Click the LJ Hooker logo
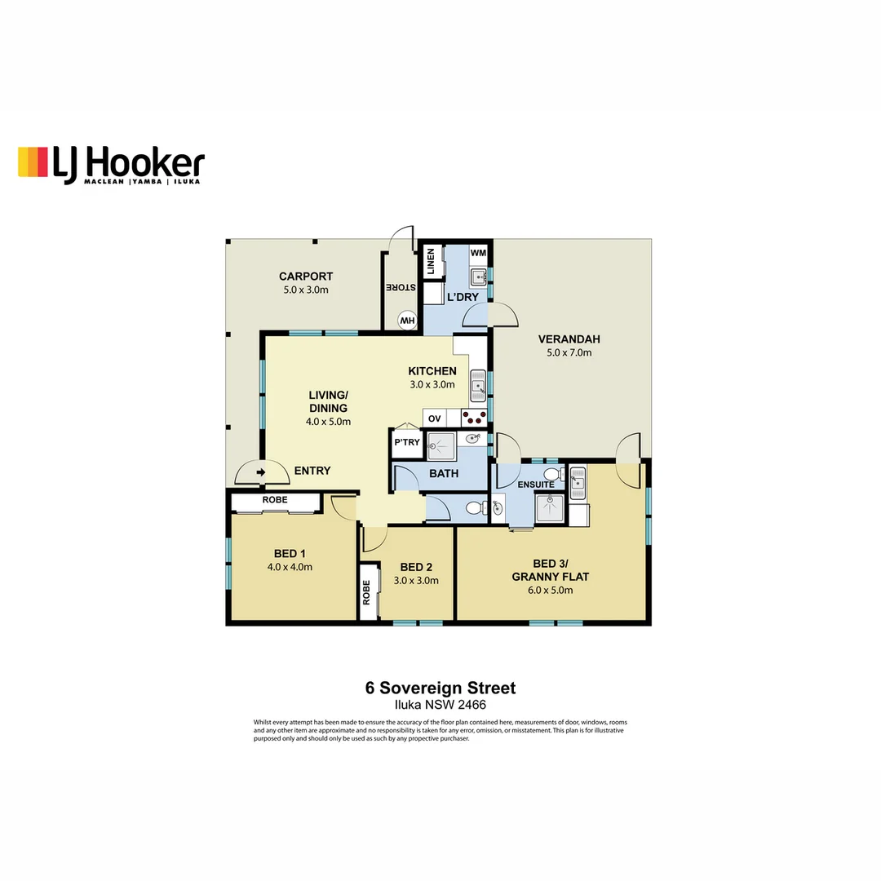click(x=111, y=164)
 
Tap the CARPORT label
click(x=305, y=277)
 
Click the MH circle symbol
click(x=407, y=321)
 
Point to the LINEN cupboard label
click(x=430, y=263)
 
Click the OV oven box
click(x=435, y=418)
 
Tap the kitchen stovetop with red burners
click(x=475, y=418)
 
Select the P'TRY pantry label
click(x=406, y=443)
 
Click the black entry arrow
click(x=261, y=471)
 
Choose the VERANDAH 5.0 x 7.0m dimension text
click(x=569, y=353)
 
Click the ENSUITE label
click(x=535, y=485)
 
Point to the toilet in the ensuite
click(x=551, y=474)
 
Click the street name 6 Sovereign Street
click(x=440, y=688)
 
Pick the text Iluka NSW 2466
click(x=440, y=705)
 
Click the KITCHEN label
click(x=432, y=371)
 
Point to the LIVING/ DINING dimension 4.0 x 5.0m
click(x=328, y=422)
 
